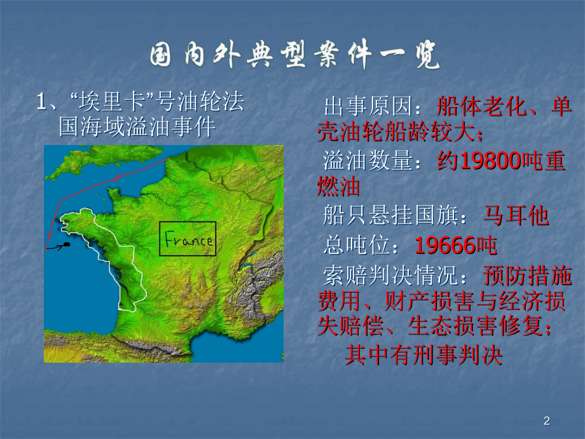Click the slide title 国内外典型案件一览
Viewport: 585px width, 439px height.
[x=294, y=57]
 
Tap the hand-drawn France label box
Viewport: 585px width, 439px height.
[x=188, y=239]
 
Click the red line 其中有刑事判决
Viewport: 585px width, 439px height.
[x=423, y=355]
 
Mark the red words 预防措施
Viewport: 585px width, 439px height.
[x=527, y=276]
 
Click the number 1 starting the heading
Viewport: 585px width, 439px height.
[x=41, y=102]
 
